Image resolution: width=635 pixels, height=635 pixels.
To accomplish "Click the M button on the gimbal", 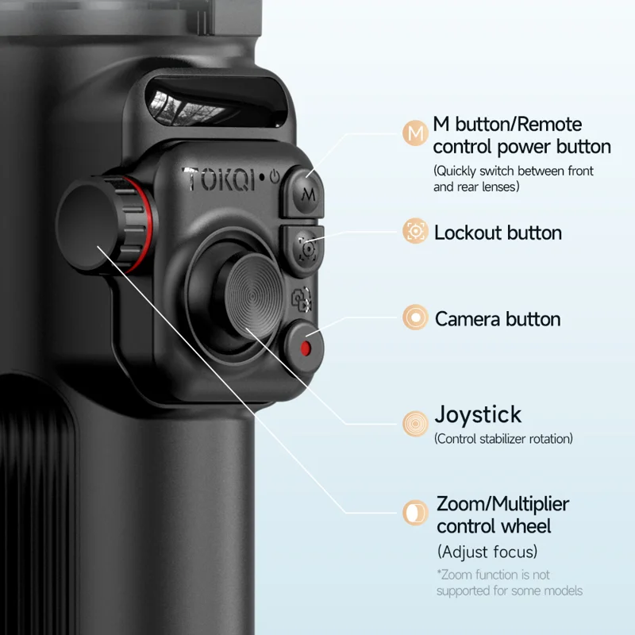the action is [x=306, y=194].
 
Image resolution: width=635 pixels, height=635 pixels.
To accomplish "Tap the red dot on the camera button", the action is [x=306, y=348].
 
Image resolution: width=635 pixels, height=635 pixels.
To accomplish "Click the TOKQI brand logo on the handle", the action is [x=220, y=179].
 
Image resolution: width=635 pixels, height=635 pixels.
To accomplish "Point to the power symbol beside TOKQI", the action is [x=275, y=177].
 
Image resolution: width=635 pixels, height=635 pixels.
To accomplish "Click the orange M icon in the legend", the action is [x=415, y=133].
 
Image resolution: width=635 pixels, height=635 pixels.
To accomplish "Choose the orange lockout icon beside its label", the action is [x=415, y=231].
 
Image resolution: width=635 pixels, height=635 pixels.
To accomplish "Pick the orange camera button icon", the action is [x=415, y=317].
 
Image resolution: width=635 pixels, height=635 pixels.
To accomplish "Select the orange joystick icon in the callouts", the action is [x=415, y=424].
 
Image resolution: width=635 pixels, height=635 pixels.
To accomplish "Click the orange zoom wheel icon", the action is [x=415, y=513].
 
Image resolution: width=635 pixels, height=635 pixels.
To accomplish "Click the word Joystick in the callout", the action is [x=478, y=415].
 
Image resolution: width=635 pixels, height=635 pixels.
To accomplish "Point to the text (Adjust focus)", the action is [x=487, y=552].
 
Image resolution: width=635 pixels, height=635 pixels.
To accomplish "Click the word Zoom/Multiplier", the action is [x=502, y=505].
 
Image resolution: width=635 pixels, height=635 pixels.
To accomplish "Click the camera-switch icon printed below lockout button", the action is [x=302, y=299].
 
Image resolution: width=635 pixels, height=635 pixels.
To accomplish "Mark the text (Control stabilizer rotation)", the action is [x=503, y=439].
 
